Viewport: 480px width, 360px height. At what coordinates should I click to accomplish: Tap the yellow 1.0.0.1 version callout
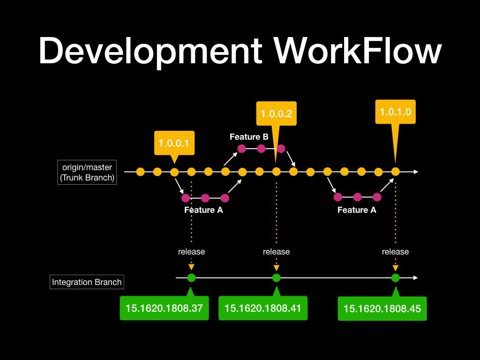tap(174, 143)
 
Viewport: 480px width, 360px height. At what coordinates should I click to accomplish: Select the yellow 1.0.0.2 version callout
tap(277, 113)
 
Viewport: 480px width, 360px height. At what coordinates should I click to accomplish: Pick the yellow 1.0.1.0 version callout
tap(395, 112)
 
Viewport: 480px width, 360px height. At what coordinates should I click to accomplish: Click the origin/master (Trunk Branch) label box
tap(87, 172)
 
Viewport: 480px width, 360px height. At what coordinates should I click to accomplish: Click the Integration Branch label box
tap(87, 282)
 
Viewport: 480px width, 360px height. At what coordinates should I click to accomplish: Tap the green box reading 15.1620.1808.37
tap(164, 308)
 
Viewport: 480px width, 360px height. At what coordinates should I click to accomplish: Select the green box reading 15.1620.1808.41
tap(262, 308)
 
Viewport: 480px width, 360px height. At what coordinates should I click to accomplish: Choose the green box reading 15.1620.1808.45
tap(382, 308)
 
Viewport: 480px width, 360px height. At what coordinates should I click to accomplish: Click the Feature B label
tap(249, 137)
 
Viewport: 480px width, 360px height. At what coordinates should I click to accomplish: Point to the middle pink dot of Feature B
tap(261, 149)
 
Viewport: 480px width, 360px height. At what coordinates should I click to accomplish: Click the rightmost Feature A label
tap(357, 210)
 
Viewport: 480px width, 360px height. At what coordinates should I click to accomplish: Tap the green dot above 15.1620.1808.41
tap(277, 277)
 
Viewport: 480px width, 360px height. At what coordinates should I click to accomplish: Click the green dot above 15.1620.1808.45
tap(396, 277)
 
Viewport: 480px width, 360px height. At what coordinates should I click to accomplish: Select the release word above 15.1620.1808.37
tap(191, 252)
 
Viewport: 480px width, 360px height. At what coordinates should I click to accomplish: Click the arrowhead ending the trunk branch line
tap(415, 172)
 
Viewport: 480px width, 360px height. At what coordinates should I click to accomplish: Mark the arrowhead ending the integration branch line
tap(415, 277)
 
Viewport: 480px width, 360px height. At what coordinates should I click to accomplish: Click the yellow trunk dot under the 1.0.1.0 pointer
tap(396, 172)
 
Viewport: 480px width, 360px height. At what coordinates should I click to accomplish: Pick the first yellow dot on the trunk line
tap(140, 172)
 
